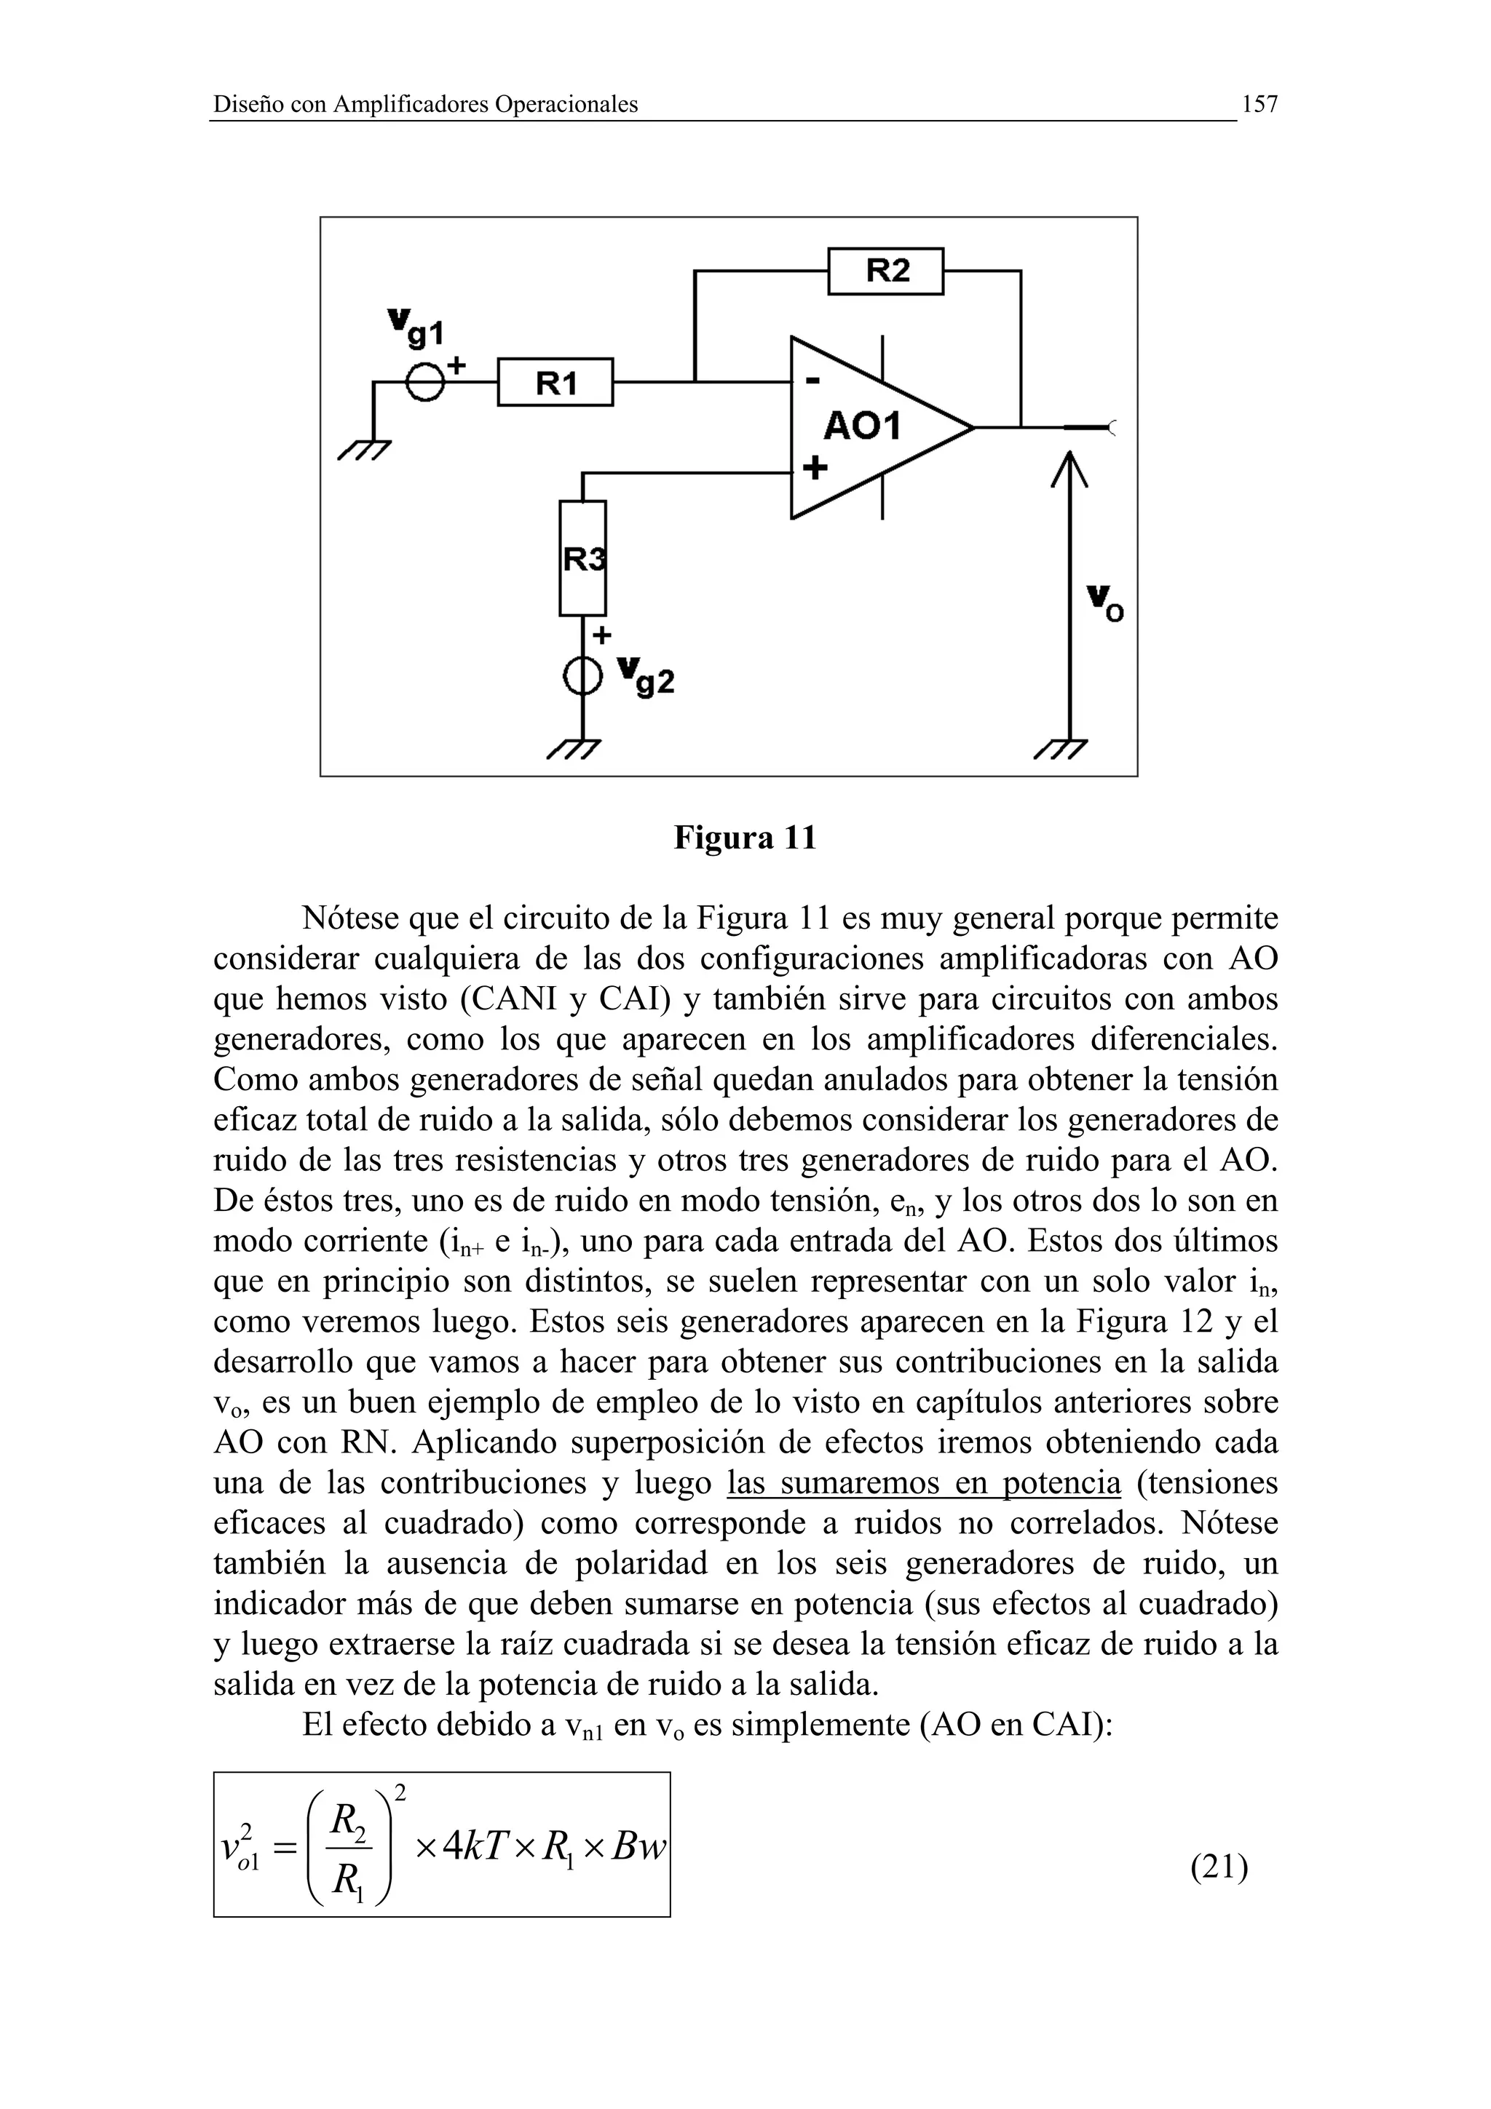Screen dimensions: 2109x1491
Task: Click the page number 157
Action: pos(1259,105)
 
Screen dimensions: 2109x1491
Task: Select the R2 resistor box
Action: pos(885,271)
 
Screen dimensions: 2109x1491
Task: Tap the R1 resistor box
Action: pos(555,382)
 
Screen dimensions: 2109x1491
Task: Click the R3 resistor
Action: pos(582,557)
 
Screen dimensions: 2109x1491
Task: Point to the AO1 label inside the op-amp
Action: pos(863,426)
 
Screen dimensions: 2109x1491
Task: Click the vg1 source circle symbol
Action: pos(424,382)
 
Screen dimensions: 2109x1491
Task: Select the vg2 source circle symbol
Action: pos(582,677)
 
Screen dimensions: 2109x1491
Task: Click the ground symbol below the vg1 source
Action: pos(365,450)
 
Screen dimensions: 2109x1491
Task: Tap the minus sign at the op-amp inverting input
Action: pos(812,381)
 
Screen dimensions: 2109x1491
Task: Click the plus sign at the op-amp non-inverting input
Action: pos(814,469)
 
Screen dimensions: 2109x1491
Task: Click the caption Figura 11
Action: pos(745,838)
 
